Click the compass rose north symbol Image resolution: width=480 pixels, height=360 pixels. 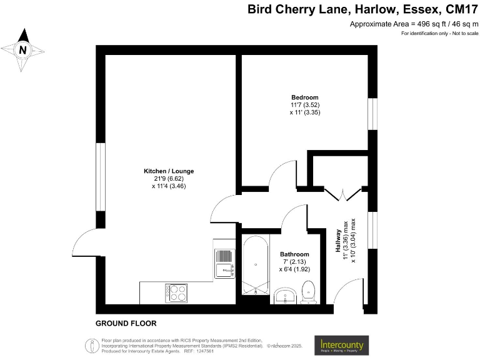pyautogui.click(x=23, y=49)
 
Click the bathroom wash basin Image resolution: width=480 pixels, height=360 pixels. pyautogui.click(x=287, y=296)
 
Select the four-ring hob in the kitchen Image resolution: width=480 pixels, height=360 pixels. pyautogui.click(x=176, y=292)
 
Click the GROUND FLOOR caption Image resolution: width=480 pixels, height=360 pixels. pyautogui.click(x=126, y=324)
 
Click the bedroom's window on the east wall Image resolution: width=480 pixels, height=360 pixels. pyautogui.click(x=372, y=114)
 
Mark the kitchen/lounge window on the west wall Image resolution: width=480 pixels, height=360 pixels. pyautogui.click(x=99, y=177)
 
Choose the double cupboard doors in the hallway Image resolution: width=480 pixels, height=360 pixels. pyautogui.click(x=344, y=193)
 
